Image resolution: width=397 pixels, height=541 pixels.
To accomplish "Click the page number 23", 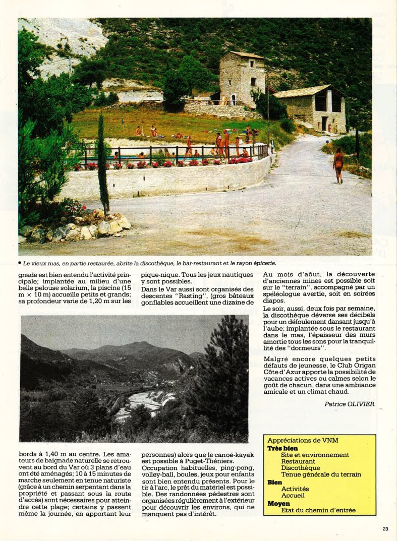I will [x=385, y=529].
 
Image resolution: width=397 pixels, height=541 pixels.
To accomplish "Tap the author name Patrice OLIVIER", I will [x=350, y=403].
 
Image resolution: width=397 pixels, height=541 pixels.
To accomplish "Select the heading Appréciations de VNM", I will [x=302, y=441].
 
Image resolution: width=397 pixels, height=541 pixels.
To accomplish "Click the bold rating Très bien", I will [x=282, y=448].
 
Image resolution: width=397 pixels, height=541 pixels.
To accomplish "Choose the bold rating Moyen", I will [x=278, y=503].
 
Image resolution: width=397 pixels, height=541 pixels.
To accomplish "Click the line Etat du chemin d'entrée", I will [x=318, y=510].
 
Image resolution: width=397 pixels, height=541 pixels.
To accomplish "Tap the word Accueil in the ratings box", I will [x=293, y=496].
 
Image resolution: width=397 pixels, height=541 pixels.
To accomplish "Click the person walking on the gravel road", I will [x=338, y=165].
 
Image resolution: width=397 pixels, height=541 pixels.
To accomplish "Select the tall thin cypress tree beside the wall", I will [x=102, y=161].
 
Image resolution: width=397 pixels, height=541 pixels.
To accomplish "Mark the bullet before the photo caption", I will [x=19, y=263].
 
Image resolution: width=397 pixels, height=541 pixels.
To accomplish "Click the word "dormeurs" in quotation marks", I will [x=305, y=348].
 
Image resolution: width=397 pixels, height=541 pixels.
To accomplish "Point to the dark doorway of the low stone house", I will [x=324, y=124].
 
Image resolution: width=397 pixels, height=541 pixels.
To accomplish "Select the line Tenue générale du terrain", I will [x=321, y=474].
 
